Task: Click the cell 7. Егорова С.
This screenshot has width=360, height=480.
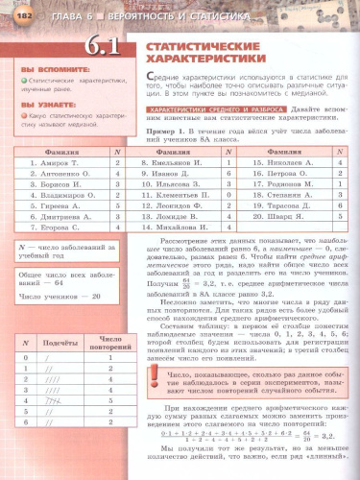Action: (44, 227)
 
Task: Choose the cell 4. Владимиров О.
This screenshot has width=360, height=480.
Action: (50, 195)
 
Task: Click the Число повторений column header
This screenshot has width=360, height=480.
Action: (110, 342)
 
